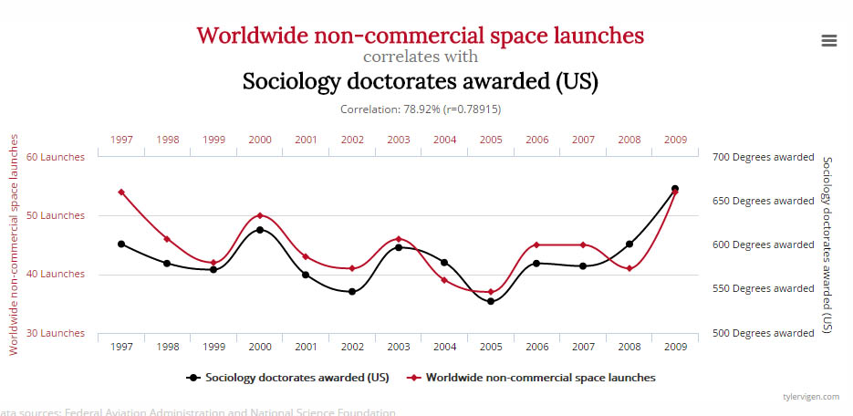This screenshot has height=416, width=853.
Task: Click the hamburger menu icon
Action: click(x=828, y=40)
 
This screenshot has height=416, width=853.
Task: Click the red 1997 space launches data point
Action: click(x=121, y=192)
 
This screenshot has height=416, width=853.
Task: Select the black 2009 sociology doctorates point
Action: click(x=675, y=189)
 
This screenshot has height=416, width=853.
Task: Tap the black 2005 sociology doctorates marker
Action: click(x=491, y=301)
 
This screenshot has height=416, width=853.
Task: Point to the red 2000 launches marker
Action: click(x=260, y=215)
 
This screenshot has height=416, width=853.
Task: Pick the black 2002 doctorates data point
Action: click(x=352, y=292)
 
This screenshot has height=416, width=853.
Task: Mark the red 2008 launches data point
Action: click(x=629, y=268)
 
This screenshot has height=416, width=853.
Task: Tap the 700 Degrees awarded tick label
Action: click(x=761, y=157)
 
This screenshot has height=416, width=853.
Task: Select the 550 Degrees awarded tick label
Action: click(x=761, y=288)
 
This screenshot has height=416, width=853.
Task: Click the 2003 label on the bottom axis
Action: click(x=398, y=347)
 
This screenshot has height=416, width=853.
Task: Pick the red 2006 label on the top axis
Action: click(x=536, y=140)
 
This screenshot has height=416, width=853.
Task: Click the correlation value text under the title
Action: click(x=421, y=109)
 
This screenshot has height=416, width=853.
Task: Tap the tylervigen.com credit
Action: click(x=810, y=397)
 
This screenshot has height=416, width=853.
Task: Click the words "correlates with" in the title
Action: click(x=420, y=57)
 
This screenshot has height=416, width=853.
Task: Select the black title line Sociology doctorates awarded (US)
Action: click(x=420, y=81)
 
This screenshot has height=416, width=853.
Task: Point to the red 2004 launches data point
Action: click(x=444, y=280)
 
